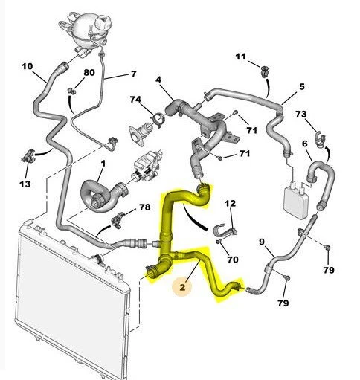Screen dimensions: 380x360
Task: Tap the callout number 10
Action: click(x=28, y=67)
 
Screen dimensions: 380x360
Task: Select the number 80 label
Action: click(x=89, y=73)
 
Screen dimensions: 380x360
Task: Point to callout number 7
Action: click(x=134, y=73)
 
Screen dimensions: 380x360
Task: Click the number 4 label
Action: click(x=158, y=80)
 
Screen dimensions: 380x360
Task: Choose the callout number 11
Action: click(x=240, y=57)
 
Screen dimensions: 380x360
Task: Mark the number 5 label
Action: click(x=302, y=87)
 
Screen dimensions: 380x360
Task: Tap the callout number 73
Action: click(x=301, y=115)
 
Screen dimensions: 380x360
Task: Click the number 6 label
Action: click(x=305, y=143)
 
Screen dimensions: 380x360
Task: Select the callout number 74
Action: click(x=135, y=100)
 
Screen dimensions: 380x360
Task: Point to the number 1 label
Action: click(x=103, y=163)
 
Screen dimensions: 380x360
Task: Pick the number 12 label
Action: click(x=230, y=204)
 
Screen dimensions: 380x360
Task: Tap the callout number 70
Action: click(x=232, y=260)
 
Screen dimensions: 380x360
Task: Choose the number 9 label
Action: click(x=262, y=241)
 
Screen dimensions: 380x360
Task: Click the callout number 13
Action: click(x=25, y=184)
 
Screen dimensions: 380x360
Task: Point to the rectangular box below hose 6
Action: click(x=296, y=197)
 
